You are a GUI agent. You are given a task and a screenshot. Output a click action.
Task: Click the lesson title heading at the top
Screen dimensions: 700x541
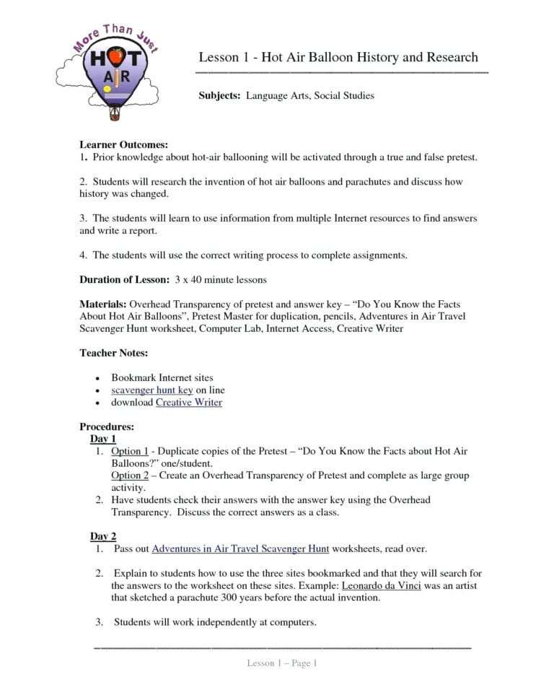coord(338,57)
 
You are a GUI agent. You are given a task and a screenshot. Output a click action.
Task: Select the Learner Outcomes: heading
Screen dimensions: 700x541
coord(123,144)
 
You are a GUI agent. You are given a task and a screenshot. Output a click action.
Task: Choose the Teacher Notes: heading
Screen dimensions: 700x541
coord(114,353)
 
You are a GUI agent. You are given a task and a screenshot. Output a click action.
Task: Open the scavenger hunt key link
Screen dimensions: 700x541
coord(152,390)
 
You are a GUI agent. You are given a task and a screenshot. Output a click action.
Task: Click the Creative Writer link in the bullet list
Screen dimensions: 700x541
coord(189,402)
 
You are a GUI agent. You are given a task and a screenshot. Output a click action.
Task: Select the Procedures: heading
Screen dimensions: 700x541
coord(107,426)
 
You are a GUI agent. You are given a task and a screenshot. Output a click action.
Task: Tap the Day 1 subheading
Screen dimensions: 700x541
coord(102,439)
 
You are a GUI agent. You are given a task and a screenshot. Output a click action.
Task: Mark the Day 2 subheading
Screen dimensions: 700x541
coord(102,536)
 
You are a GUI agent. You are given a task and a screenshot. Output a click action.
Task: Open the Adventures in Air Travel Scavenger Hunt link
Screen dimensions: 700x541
coord(240,548)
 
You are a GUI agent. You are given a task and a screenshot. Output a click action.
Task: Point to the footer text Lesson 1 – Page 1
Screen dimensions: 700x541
coord(282,663)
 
